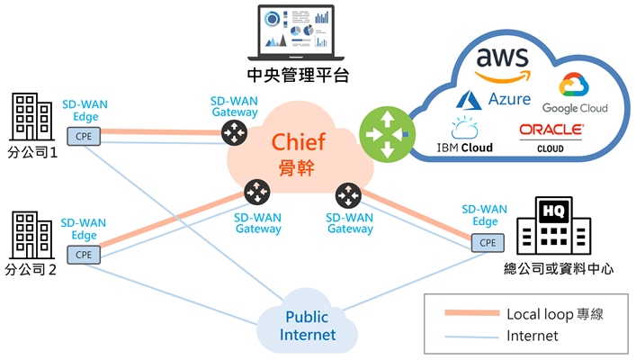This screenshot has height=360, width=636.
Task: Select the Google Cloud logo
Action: pyautogui.click(x=574, y=94)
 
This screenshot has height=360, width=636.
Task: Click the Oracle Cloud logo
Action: pyautogui.click(x=551, y=136)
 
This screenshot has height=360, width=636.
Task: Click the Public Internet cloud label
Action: pyautogui.click(x=308, y=327)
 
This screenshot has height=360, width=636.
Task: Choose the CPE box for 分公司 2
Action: pyautogui.click(x=84, y=254)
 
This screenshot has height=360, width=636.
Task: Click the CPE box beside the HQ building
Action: pyautogui.click(x=487, y=242)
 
